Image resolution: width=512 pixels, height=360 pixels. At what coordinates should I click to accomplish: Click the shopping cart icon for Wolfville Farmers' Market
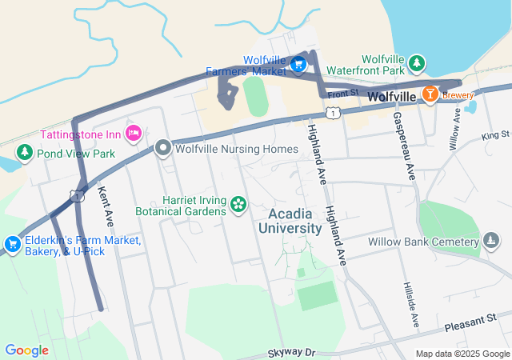[x=298, y=64]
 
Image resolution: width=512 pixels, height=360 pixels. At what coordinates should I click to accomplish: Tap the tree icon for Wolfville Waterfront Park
[x=415, y=62]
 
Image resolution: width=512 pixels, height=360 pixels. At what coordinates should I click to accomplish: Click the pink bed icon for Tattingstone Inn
[x=134, y=131]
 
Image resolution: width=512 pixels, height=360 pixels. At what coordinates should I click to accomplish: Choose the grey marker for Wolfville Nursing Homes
[x=163, y=148]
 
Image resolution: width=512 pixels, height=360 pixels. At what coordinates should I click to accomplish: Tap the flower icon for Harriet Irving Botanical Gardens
[x=238, y=205]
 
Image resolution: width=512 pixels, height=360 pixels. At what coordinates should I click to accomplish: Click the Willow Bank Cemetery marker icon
[x=491, y=241]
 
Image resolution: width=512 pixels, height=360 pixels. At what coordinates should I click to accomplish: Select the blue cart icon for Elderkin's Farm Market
[x=12, y=243]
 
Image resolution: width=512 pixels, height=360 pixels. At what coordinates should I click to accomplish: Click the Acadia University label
[x=290, y=221]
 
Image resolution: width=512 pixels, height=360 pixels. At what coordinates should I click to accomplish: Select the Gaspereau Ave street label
[x=402, y=146]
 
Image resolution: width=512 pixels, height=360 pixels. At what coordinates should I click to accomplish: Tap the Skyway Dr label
[x=292, y=352]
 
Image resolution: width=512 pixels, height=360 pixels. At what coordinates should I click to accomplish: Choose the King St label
[x=495, y=134]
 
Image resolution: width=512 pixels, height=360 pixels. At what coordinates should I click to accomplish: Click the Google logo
[x=26, y=350]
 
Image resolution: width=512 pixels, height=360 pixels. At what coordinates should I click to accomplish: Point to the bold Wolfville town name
[x=392, y=97]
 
